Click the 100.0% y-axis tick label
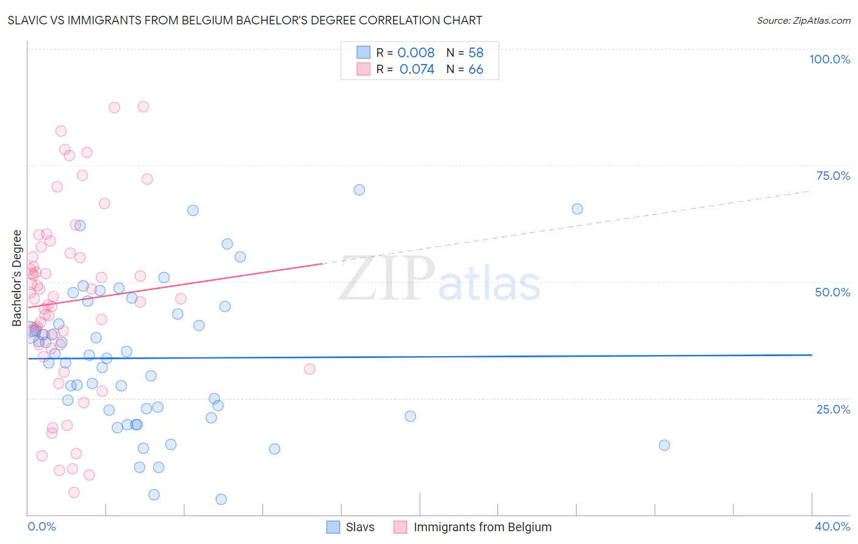[829, 59]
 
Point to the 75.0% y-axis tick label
[833, 176]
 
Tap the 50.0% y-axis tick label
[832, 292]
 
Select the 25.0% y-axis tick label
[833, 409]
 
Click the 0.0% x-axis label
[41, 526]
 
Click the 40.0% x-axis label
[832, 526]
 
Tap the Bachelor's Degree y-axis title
[17, 278]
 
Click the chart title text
[245, 21]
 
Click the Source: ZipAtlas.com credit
[803, 21]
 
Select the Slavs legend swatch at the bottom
[333, 527]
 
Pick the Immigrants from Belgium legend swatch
[400, 527]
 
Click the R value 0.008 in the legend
[416, 52]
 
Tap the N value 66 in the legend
[475, 70]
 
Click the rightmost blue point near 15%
[665, 445]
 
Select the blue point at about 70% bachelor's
[359, 190]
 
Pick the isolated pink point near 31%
[309, 369]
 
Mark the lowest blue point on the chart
[222, 499]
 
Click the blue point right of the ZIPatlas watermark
[577, 209]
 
